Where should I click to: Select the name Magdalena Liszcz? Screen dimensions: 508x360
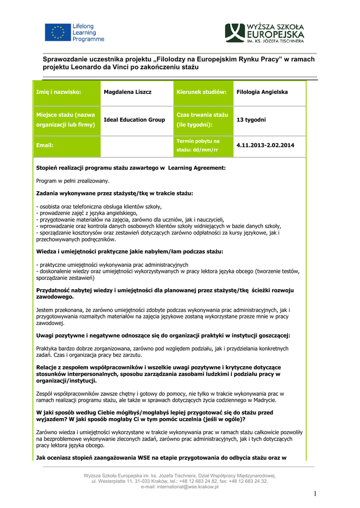click(128, 92)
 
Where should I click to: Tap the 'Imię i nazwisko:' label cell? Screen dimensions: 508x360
click(59, 92)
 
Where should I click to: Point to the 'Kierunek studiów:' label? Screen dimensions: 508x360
click(202, 92)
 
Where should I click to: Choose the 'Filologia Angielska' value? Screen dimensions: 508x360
click(262, 92)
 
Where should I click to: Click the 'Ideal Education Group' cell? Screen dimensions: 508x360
click(134, 120)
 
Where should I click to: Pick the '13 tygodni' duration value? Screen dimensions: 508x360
click(251, 120)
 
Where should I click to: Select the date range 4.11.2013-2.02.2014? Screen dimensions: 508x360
click(265, 145)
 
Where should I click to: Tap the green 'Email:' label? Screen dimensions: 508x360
click(45, 145)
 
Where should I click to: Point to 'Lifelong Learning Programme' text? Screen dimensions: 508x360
click(88, 33)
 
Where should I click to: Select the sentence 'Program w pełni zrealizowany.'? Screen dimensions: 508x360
click(72, 181)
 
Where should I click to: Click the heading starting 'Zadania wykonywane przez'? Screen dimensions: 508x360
click(115, 193)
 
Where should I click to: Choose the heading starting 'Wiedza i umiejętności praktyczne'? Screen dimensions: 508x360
click(130, 252)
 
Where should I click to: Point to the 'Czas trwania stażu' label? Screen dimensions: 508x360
click(202, 115)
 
